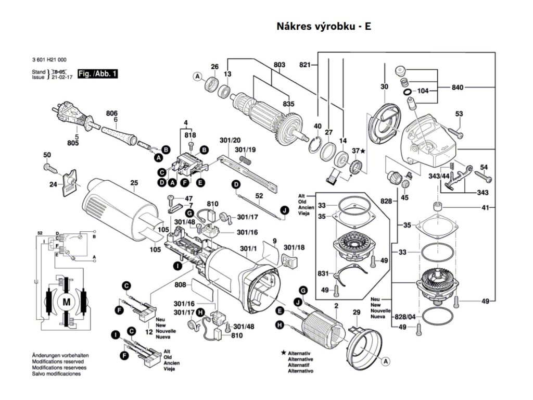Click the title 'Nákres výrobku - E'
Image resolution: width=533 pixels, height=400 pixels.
click(x=324, y=27)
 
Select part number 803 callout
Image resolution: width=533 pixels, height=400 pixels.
click(x=280, y=65)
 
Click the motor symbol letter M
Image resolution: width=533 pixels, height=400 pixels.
click(x=66, y=302)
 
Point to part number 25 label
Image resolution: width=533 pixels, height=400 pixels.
click(x=134, y=183)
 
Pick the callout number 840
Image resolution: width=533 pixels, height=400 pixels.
click(x=458, y=87)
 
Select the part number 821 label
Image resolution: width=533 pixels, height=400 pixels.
click(x=305, y=65)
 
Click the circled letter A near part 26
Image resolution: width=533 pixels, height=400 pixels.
click(x=197, y=77)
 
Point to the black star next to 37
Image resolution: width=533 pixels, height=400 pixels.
click(x=363, y=151)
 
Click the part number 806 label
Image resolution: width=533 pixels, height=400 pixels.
click(x=112, y=114)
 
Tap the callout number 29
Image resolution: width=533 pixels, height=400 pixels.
click(x=357, y=312)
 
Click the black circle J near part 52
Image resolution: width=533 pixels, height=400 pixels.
click(x=284, y=210)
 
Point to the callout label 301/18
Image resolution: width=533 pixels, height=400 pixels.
click(x=294, y=247)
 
